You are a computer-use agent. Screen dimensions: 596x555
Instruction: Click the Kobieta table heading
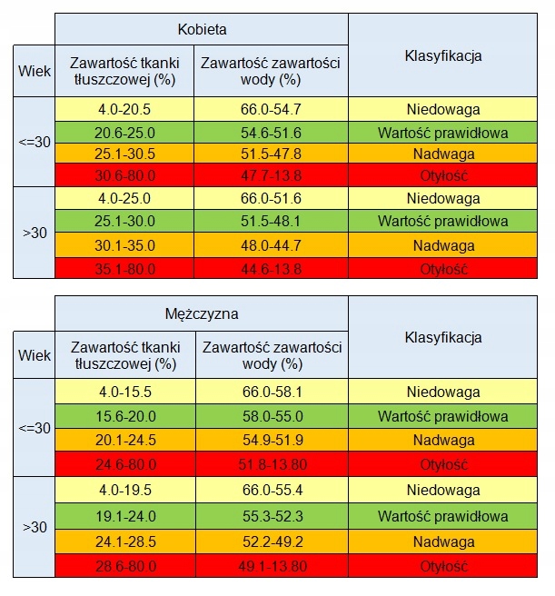pyautogui.click(x=202, y=29)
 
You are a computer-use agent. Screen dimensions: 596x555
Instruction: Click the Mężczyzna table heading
pyautogui.click(x=202, y=314)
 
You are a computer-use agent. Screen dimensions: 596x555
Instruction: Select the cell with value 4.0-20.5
pyautogui.click(x=125, y=109)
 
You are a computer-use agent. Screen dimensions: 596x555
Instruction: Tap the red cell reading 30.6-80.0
pyautogui.click(x=125, y=175)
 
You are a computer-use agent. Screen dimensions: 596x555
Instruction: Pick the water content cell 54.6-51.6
pyautogui.click(x=271, y=132)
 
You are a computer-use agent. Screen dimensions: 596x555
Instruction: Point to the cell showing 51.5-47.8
pyautogui.click(x=271, y=154)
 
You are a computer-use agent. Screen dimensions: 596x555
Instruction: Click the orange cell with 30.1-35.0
pyautogui.click(x=125, y=245)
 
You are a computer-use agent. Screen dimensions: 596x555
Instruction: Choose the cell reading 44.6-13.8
pyautogui.click(x=271, y=268)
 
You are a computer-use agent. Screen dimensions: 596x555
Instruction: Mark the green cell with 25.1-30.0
pyautogui.click(x=125, y=222)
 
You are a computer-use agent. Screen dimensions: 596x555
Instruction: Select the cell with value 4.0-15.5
pyautogui.click(x=125, y=392)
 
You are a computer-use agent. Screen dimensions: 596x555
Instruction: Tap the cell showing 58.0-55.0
pyautogui.click(x=271, y=415)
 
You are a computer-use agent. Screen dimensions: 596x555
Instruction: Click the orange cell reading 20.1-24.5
pyautogui.click(x=125, y=440)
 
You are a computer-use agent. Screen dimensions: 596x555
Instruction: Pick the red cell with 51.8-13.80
pyautogui.click(x=271, y=463)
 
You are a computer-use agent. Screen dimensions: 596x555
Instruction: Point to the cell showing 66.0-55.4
pyautogui.click(x=271, y=491)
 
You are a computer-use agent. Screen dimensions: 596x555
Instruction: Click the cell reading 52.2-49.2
pyautogui.click(x=271, y=541)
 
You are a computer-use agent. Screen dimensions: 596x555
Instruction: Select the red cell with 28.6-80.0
pyautogui.click(x=125, y=565)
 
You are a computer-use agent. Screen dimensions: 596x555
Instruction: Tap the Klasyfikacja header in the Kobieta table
pyautogui.click(x=442, y=55)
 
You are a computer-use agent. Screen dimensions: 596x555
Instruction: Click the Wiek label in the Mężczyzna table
pyautogui.click(x=35, y=355)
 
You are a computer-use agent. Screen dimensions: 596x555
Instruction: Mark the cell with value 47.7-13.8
pyautogui.click(x=271, y=175)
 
